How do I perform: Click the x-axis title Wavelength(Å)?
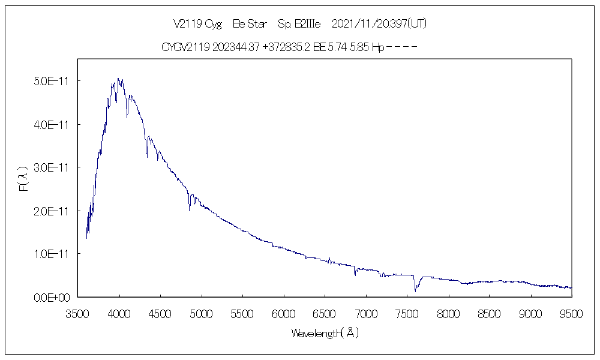coord(325,333)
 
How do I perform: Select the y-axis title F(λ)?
coord(24,179)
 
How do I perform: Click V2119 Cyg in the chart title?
coord(197,24)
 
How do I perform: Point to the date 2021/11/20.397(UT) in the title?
coord(379,24)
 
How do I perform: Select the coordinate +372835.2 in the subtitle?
coord(286,47)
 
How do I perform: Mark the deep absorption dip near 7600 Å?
coord(415,289)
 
